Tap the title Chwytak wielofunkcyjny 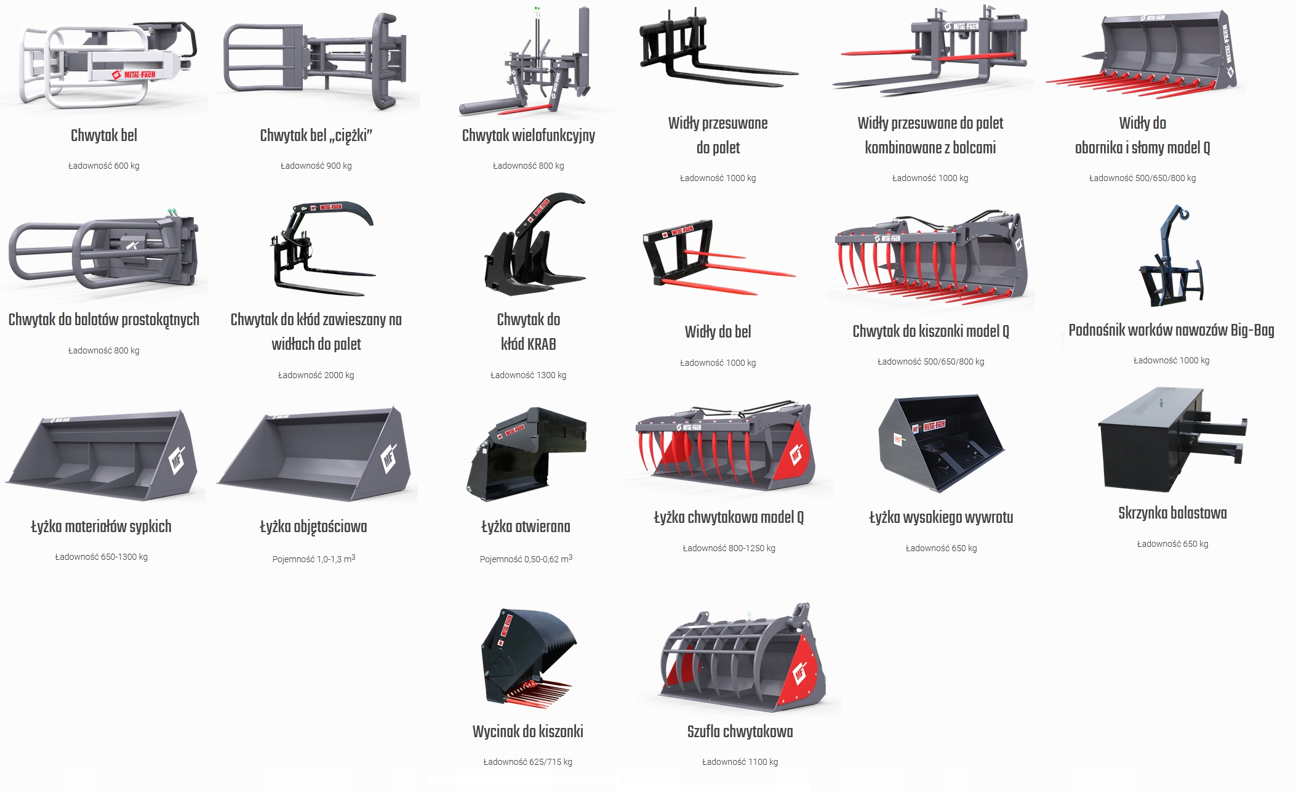coord(528,135)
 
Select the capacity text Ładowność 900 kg coord(316,166)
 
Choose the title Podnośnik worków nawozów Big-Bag coord(1171,330)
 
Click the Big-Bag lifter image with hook coord(1169,256)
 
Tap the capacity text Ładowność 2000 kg coord(316,375)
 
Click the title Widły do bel coord(718,332)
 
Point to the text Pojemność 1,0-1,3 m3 coord(313,559)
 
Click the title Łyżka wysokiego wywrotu coord(941,517)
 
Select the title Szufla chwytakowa coord(740,732)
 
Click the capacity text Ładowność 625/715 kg coord(527,762)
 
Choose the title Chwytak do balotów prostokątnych coord(103,320)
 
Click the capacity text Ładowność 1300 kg coord(528,375)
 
